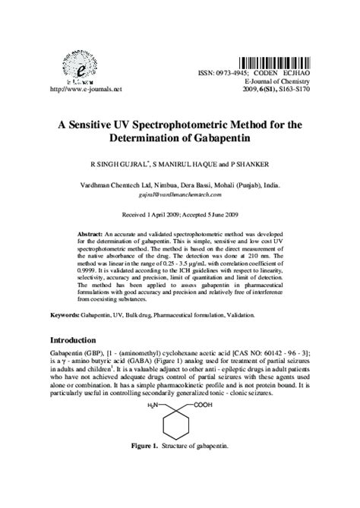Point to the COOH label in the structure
click(x=204, y=406)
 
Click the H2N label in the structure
click(x=151, y=406)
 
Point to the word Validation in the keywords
click(x=235, y=314)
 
